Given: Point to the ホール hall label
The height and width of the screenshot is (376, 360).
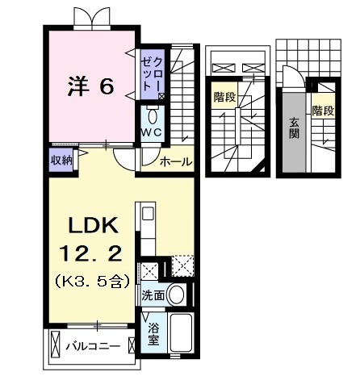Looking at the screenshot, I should (175, 162).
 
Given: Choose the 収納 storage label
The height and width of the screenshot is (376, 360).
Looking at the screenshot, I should (62, 160).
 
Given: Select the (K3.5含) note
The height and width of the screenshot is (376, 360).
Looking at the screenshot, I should (90, 282).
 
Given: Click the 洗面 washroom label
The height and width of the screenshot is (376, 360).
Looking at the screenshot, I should (153, 296).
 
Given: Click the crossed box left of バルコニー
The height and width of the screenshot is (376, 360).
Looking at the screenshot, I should (57, 344).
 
